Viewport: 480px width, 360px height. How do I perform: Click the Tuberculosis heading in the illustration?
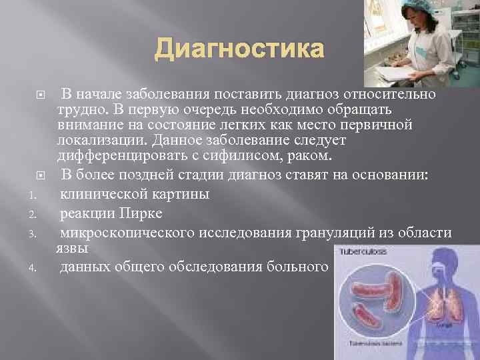363,252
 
